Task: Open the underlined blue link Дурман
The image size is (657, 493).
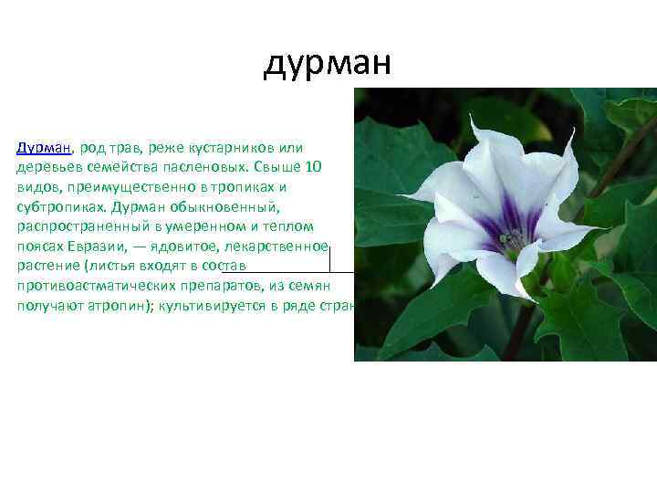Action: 45,148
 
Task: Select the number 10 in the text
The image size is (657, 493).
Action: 313,169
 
